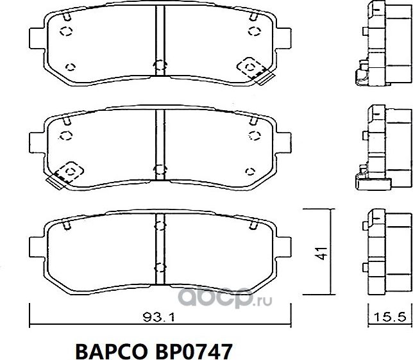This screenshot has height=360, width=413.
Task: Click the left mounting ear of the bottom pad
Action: (x=37, y=247)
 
